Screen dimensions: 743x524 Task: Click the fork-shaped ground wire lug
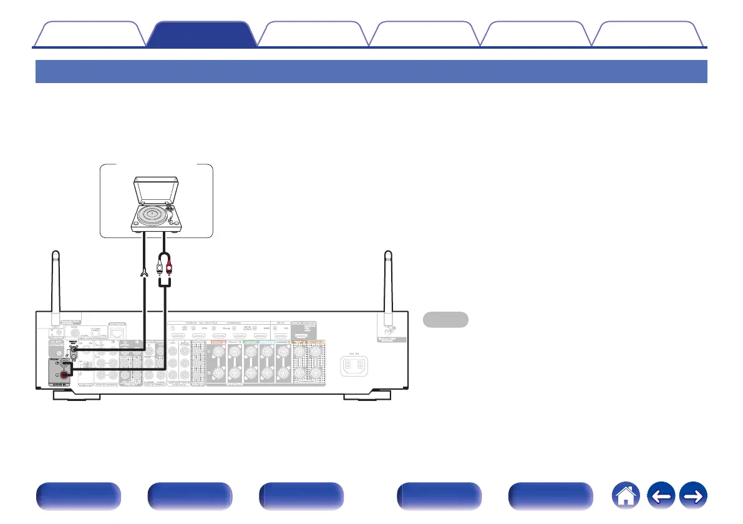click(145, 274)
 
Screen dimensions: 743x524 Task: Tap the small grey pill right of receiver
click(445, 319)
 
